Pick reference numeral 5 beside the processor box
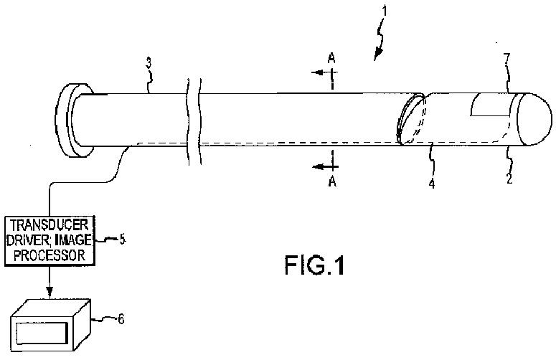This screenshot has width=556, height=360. tap(123, 240)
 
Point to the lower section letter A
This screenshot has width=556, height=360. tap(331, 182)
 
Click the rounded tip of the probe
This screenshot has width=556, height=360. tap(534, 120)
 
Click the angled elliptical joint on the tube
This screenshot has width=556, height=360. tap(411, 119)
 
